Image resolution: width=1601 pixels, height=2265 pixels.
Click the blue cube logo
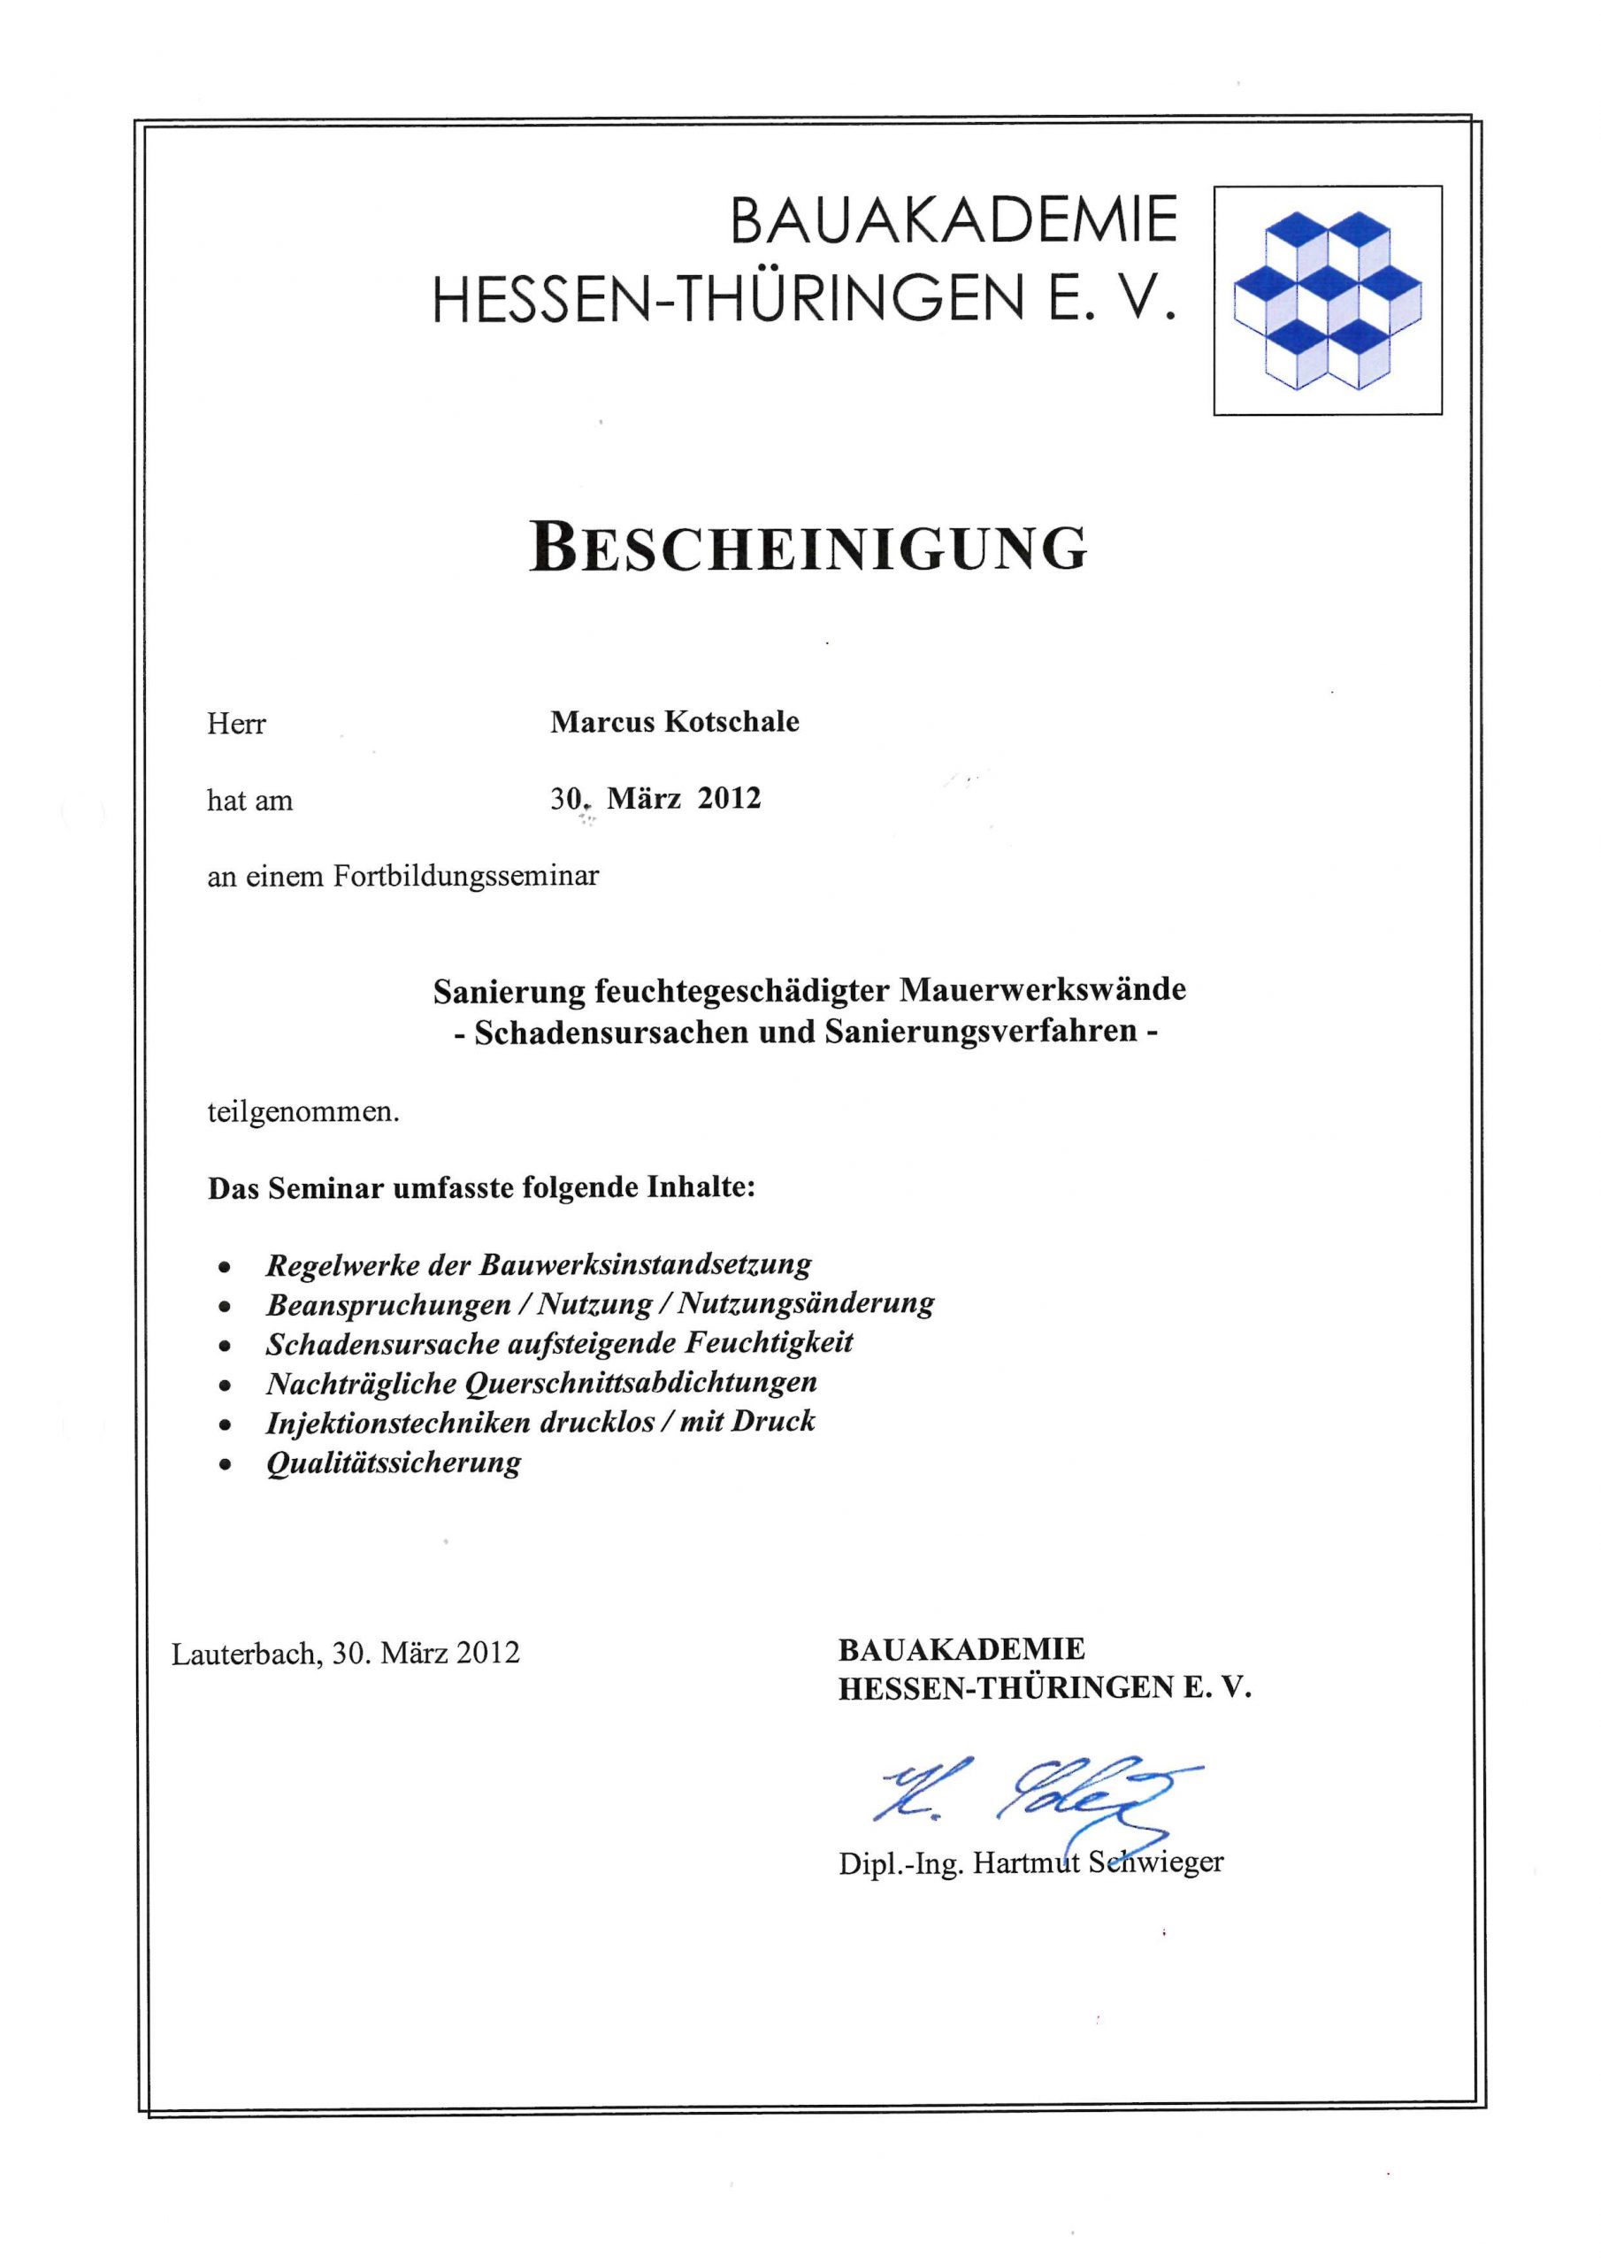1327,300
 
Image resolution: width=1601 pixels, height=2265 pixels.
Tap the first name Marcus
601,722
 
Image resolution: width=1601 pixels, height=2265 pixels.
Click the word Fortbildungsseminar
465,876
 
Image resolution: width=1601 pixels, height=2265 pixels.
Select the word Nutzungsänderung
806,1303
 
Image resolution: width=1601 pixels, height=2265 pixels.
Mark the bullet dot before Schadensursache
226,1346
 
